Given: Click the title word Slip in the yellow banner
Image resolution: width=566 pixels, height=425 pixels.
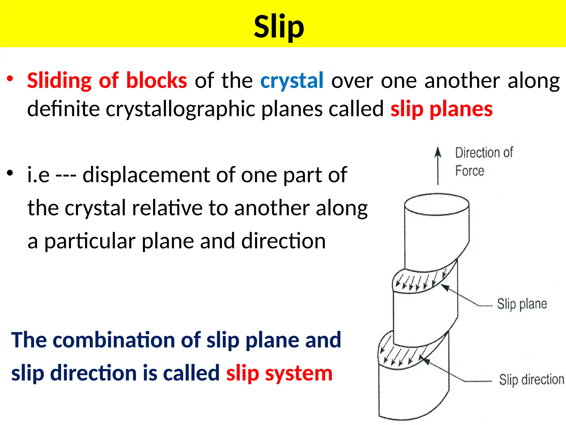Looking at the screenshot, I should pyautogui.click(x=279, y=27).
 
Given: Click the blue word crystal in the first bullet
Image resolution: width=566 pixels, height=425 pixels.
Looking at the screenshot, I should pyautogui.click(x=292, y=81).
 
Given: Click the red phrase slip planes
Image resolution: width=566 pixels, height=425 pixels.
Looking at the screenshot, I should pyautogui.click(x=441, y=109).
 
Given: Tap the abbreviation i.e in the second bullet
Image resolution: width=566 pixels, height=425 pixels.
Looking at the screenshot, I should pyautogui.click(x=38, y=175).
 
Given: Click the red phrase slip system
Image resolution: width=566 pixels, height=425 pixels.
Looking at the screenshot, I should pyautogui.click(x=279, y=373).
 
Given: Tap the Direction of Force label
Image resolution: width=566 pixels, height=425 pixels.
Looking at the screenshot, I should pyautogui.click(x=483, y=162).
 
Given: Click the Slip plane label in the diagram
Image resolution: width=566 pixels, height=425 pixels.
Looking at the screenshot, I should pyautogui.click(x=522, y=304).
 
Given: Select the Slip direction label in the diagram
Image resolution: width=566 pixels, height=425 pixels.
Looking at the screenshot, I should pyautogui.click(x=531, y=380).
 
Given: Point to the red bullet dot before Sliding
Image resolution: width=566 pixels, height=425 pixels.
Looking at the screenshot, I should pyautogui.click(x=10, y=79).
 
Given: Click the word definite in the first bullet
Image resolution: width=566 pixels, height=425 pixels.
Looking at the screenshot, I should pyautogui.click(x=63, y=109).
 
